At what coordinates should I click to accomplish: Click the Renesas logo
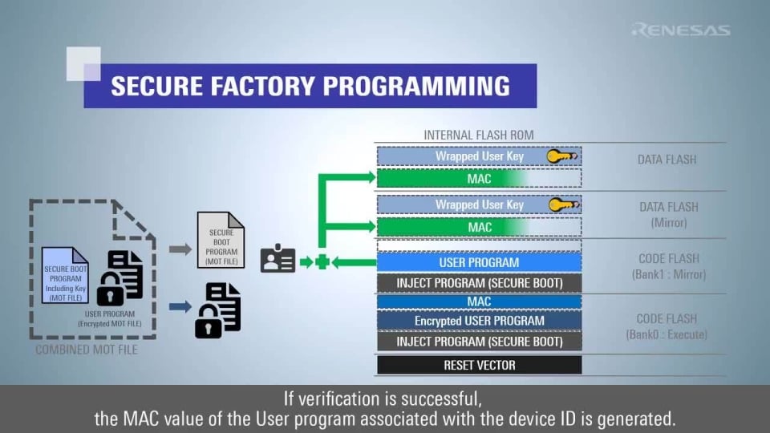[681, 30]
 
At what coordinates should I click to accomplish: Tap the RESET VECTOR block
[479, 365]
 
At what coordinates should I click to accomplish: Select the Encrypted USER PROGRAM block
[479, 321]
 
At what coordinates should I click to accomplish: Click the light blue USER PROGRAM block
[479, 262]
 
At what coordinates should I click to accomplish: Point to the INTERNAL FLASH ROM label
[478, 135]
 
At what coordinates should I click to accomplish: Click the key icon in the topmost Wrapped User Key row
[562, 156]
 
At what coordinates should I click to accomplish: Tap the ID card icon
[278, 260]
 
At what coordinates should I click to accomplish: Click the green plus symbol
[322, 261]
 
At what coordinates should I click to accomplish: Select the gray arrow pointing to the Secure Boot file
[180, 249]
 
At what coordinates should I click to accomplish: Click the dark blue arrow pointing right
[180, 306]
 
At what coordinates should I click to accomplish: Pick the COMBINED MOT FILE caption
[87, 350]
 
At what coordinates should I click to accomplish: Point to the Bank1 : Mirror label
[667, 275]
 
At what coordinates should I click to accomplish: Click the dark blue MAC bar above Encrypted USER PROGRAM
[479, 301]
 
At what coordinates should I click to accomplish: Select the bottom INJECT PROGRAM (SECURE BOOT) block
[479, 342]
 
